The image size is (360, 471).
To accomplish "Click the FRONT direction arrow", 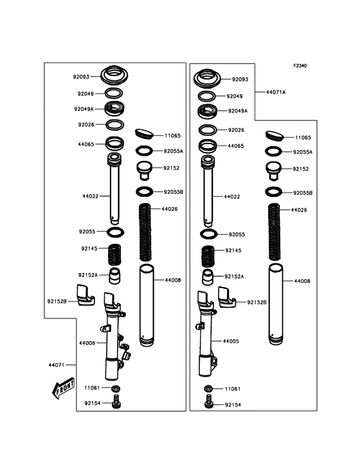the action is coord(63,388).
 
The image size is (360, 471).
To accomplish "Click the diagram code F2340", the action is coord(300,66).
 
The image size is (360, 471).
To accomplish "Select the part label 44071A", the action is coord(276,92).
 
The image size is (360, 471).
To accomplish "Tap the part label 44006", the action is coord(87,343).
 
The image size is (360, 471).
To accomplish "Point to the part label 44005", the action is coord(231,341).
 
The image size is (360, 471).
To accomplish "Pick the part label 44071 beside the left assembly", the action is coord(57,365).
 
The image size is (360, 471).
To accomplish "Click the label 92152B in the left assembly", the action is coord(57,301).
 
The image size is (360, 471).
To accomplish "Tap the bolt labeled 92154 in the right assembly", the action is coord(209,402).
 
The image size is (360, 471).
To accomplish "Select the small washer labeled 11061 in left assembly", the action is coord(116,389).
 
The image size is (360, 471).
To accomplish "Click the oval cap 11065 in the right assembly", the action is coord(274,136).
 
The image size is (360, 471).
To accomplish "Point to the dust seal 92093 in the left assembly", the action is coord(114,75).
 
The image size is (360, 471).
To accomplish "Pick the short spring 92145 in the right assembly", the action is coord(208,256).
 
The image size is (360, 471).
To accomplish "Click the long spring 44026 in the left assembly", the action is coord(145,232).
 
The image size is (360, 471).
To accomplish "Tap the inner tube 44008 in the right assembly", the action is coord(276,304).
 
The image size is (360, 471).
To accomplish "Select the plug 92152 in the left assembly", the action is coord(145,171).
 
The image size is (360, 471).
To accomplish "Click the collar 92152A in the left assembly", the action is coord(114,276).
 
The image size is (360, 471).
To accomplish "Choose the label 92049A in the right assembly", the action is coord(238,111).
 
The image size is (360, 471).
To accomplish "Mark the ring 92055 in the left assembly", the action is coord(116,232).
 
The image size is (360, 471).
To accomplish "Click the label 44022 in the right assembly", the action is coord(232,197).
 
